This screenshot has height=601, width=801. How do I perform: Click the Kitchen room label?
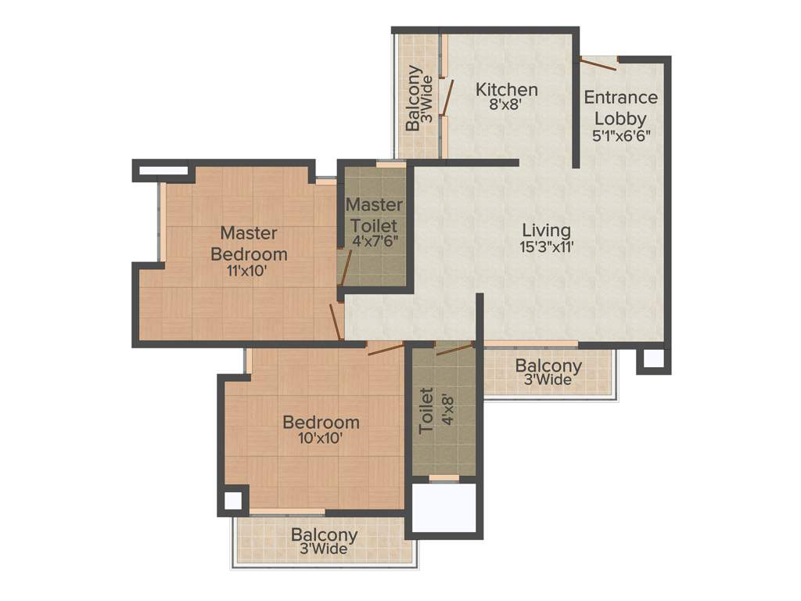pyautogui.click(x=507, y=89)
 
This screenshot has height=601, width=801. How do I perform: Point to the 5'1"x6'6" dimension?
pyautogui.click(x=622, y=134)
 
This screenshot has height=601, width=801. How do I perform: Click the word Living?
pyautogui.click(x=546, y=230)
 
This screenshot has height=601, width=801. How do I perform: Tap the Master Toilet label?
pyautogui.click(x=375, y=214)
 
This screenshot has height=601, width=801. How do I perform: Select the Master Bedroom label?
pyautogui.click(x=249, y=243)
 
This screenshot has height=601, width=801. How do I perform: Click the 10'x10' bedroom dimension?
pyautogui.click(x=321, y=438)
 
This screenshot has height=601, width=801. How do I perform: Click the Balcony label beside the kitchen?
pyautogui.click(x=413, y=99)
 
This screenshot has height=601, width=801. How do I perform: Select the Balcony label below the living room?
pyautogui.click(x=548, y=366)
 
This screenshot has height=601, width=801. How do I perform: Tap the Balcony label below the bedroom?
pyautogui.click(x=325, y=535)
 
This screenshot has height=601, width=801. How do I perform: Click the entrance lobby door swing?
pyautogui.click(x=598, y=63)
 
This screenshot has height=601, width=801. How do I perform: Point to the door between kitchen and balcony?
pyautogui.click(x=447, y=97)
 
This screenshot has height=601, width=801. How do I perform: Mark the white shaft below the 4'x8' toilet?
pyautogui.click(x=444, y=508)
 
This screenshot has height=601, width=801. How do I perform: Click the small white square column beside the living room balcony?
pyautogui.click(x=653, y=359)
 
